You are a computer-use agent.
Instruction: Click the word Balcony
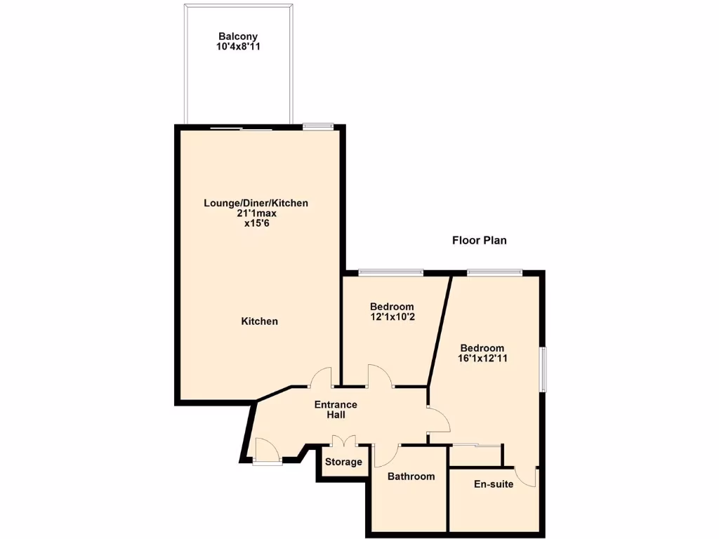[x=238, y=36]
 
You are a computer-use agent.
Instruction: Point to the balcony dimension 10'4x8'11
[x=238, y=47]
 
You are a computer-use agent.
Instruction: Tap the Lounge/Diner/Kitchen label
[x=256, y=204]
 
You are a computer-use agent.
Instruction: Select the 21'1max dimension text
[x=256, y=213]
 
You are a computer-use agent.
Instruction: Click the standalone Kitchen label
[x=260, y=321]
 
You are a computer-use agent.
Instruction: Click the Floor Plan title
[x=479, y=240]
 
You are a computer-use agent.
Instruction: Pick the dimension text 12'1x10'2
[x=392, y=317]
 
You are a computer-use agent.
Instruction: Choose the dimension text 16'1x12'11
[x=482, y=359]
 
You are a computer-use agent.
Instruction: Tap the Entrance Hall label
[x=336, y=410]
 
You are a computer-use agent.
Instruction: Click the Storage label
[x=343, y=462]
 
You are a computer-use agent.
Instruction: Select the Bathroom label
[x=411, y=477]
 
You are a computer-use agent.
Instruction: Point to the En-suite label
[x=493, y=484]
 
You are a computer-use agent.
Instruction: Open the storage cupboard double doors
[x=343, y=442]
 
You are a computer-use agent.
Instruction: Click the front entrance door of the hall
[x=267, y=451]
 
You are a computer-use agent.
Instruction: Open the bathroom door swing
[x=385, y=455]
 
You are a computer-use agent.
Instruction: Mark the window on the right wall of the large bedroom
[x=542, y=369]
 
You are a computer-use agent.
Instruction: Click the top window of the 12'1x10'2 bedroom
[x=390, y=272]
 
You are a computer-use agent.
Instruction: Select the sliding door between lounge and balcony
[x=241, y=128]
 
